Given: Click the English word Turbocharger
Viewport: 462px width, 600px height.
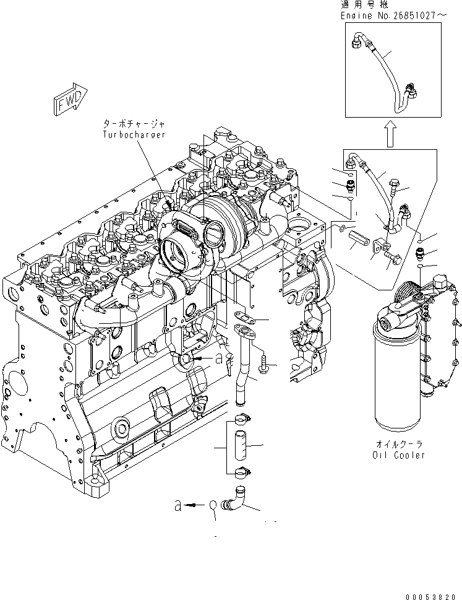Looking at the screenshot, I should pyautogui.click(x=135, y=135).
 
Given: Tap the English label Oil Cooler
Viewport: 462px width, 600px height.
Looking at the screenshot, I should pyautogui.click(x=400, y=455).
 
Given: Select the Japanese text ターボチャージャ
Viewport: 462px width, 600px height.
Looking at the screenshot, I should pyautogui.click(x=135, y=125).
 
